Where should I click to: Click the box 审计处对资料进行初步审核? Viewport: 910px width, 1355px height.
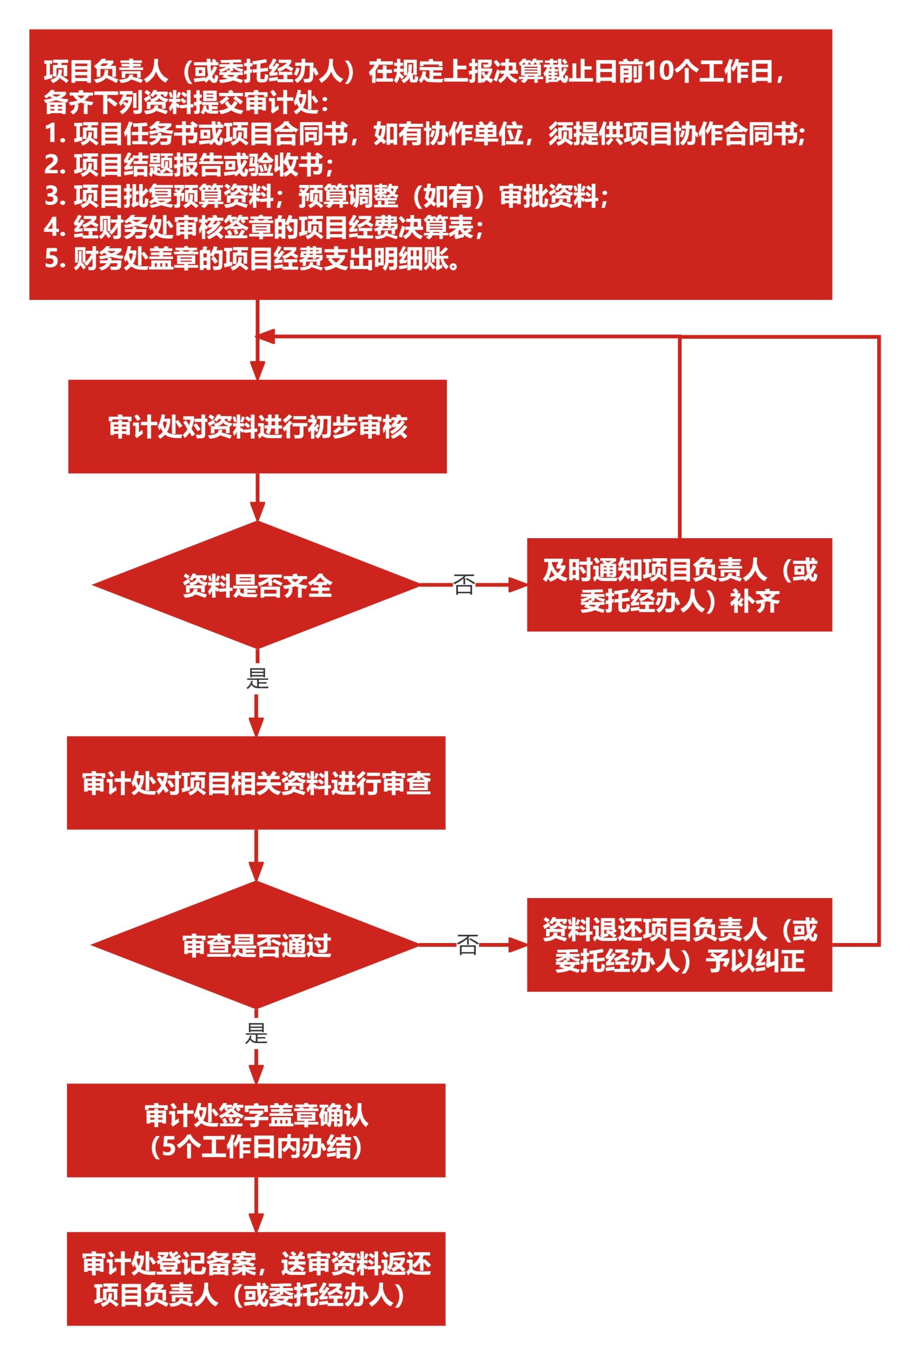(257, 427)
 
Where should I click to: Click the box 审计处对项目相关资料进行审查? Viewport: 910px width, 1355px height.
(256, 783)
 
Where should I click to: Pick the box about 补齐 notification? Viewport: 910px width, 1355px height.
(679, 585)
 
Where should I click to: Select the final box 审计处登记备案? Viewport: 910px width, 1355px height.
(256, 1279)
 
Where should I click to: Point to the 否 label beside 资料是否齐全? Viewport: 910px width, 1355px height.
(464, 585)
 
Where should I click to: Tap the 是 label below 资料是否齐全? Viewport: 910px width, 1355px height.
(257, 678)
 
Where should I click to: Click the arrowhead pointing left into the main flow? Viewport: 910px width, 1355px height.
(265, 336)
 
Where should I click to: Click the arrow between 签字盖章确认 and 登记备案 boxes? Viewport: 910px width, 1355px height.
(256, 1205)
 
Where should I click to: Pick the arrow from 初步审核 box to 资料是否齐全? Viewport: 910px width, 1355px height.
(257, 497)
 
